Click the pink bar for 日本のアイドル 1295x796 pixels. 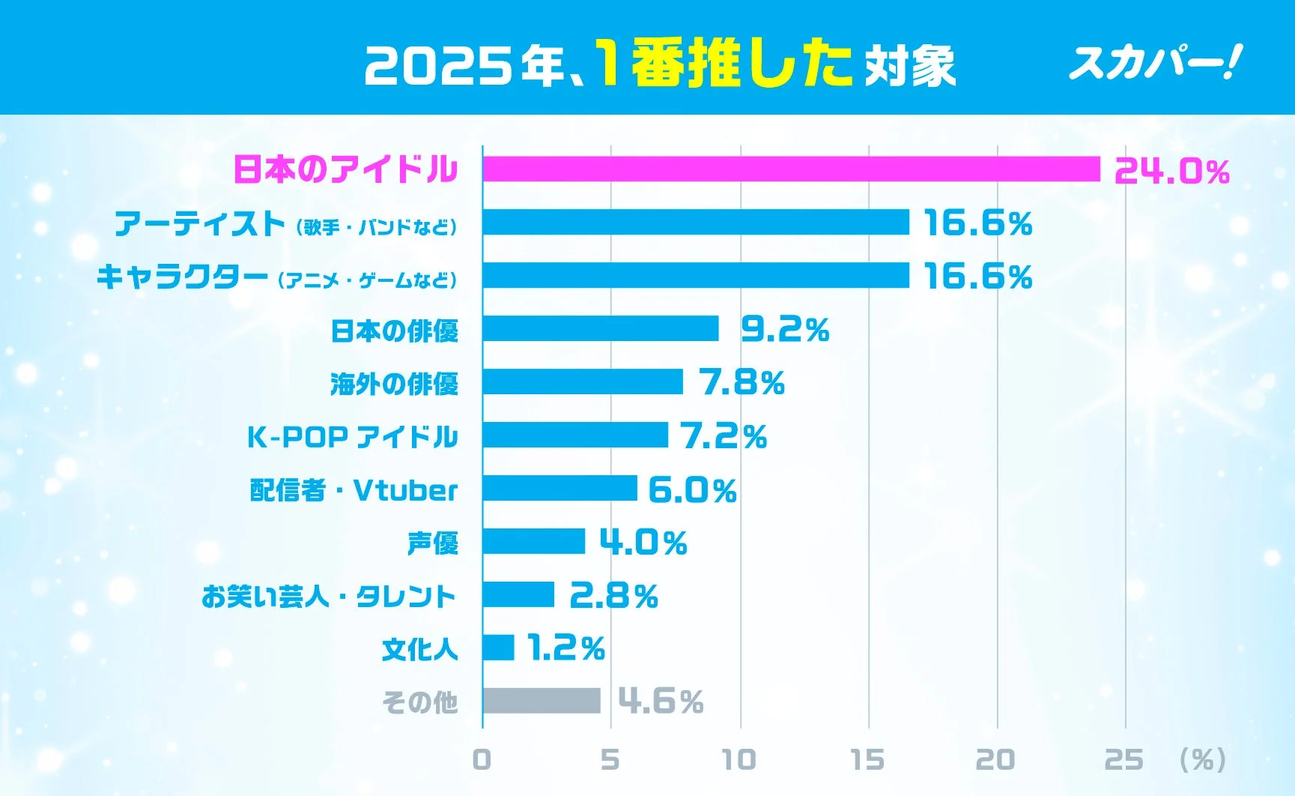tap(791, 169)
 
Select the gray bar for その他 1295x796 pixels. tap(542, 701)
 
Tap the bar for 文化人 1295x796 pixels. tap(499, 648)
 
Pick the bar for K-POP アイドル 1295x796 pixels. tap(575, 435)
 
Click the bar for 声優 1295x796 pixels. tap(533, 541)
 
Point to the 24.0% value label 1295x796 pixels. tap(1171, 172)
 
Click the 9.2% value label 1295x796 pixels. tap(785, 330)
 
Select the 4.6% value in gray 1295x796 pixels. tap(661, 702)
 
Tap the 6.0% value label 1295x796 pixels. tap(692, 490)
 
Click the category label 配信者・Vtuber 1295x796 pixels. tap(354, 490)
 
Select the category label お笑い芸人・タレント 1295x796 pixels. tap(328, 597)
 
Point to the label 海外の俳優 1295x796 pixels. tap(394, 384)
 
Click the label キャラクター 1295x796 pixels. tap(182, 277)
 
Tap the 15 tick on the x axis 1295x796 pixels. tap(867, 760)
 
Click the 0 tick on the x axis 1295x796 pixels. tap(482, 760)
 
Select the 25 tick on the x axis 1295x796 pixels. tap(1124, 760)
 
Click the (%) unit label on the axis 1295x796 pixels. tap(1202, 760)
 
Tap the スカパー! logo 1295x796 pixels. tap(1154, 62)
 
